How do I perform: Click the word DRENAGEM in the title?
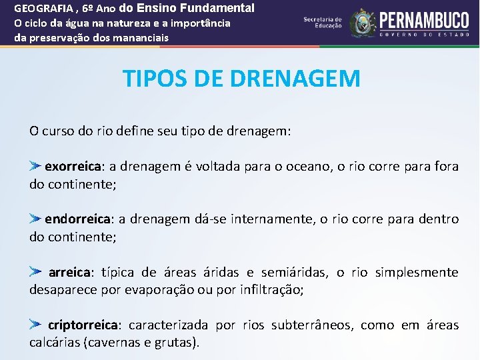pos(295,79)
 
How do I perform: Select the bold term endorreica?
pos(77,219)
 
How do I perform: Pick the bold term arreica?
pos(70,272)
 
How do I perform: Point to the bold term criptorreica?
pos(83,325)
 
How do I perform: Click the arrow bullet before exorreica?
pos(36,165)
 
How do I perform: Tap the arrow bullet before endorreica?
pos(36,218)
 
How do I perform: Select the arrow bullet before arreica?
pos(36,271)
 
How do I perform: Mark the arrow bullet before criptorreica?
pos(36,325)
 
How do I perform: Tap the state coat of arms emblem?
pos(363,23)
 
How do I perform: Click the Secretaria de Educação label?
pos(323,23)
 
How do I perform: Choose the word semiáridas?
pos(294,272)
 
